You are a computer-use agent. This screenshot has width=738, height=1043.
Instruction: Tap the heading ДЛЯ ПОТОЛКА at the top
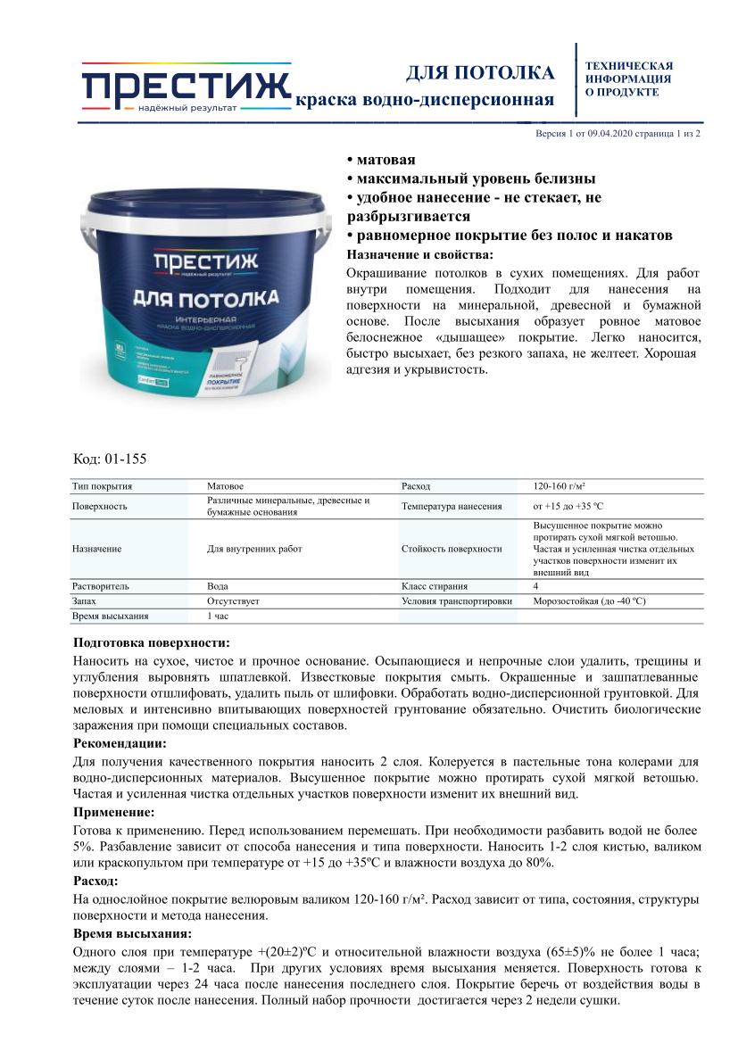(x=480, y=72)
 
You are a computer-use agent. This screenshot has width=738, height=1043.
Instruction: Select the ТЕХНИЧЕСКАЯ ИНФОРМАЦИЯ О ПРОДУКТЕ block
(x=628, y=79)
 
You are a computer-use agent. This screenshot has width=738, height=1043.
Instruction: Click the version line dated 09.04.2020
(x=617, y=133)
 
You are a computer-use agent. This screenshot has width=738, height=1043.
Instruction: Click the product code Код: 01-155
(x=109, y=459)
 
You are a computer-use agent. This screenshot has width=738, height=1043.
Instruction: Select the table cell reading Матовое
(x=225, y=486)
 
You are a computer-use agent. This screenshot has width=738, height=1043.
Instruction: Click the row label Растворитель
(x=100, y=586)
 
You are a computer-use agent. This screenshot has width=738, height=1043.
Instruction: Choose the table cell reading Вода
(x=218, y=586)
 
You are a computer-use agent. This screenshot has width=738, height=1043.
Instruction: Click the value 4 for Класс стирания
(x=535, y=586)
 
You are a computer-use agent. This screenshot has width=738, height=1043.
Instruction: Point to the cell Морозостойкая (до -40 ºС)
(x=589, y=601)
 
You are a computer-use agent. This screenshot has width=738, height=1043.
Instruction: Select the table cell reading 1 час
(x=220, y=616)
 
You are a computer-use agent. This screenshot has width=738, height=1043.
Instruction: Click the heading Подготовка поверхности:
(x=151, y=642)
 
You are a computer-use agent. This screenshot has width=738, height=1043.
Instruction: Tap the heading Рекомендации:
(x=119, y=743)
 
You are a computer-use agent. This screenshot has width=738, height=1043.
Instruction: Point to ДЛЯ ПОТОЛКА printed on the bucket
(x=205, y=296)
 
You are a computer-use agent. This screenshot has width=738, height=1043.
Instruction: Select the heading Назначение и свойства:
(x=419, y=254)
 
